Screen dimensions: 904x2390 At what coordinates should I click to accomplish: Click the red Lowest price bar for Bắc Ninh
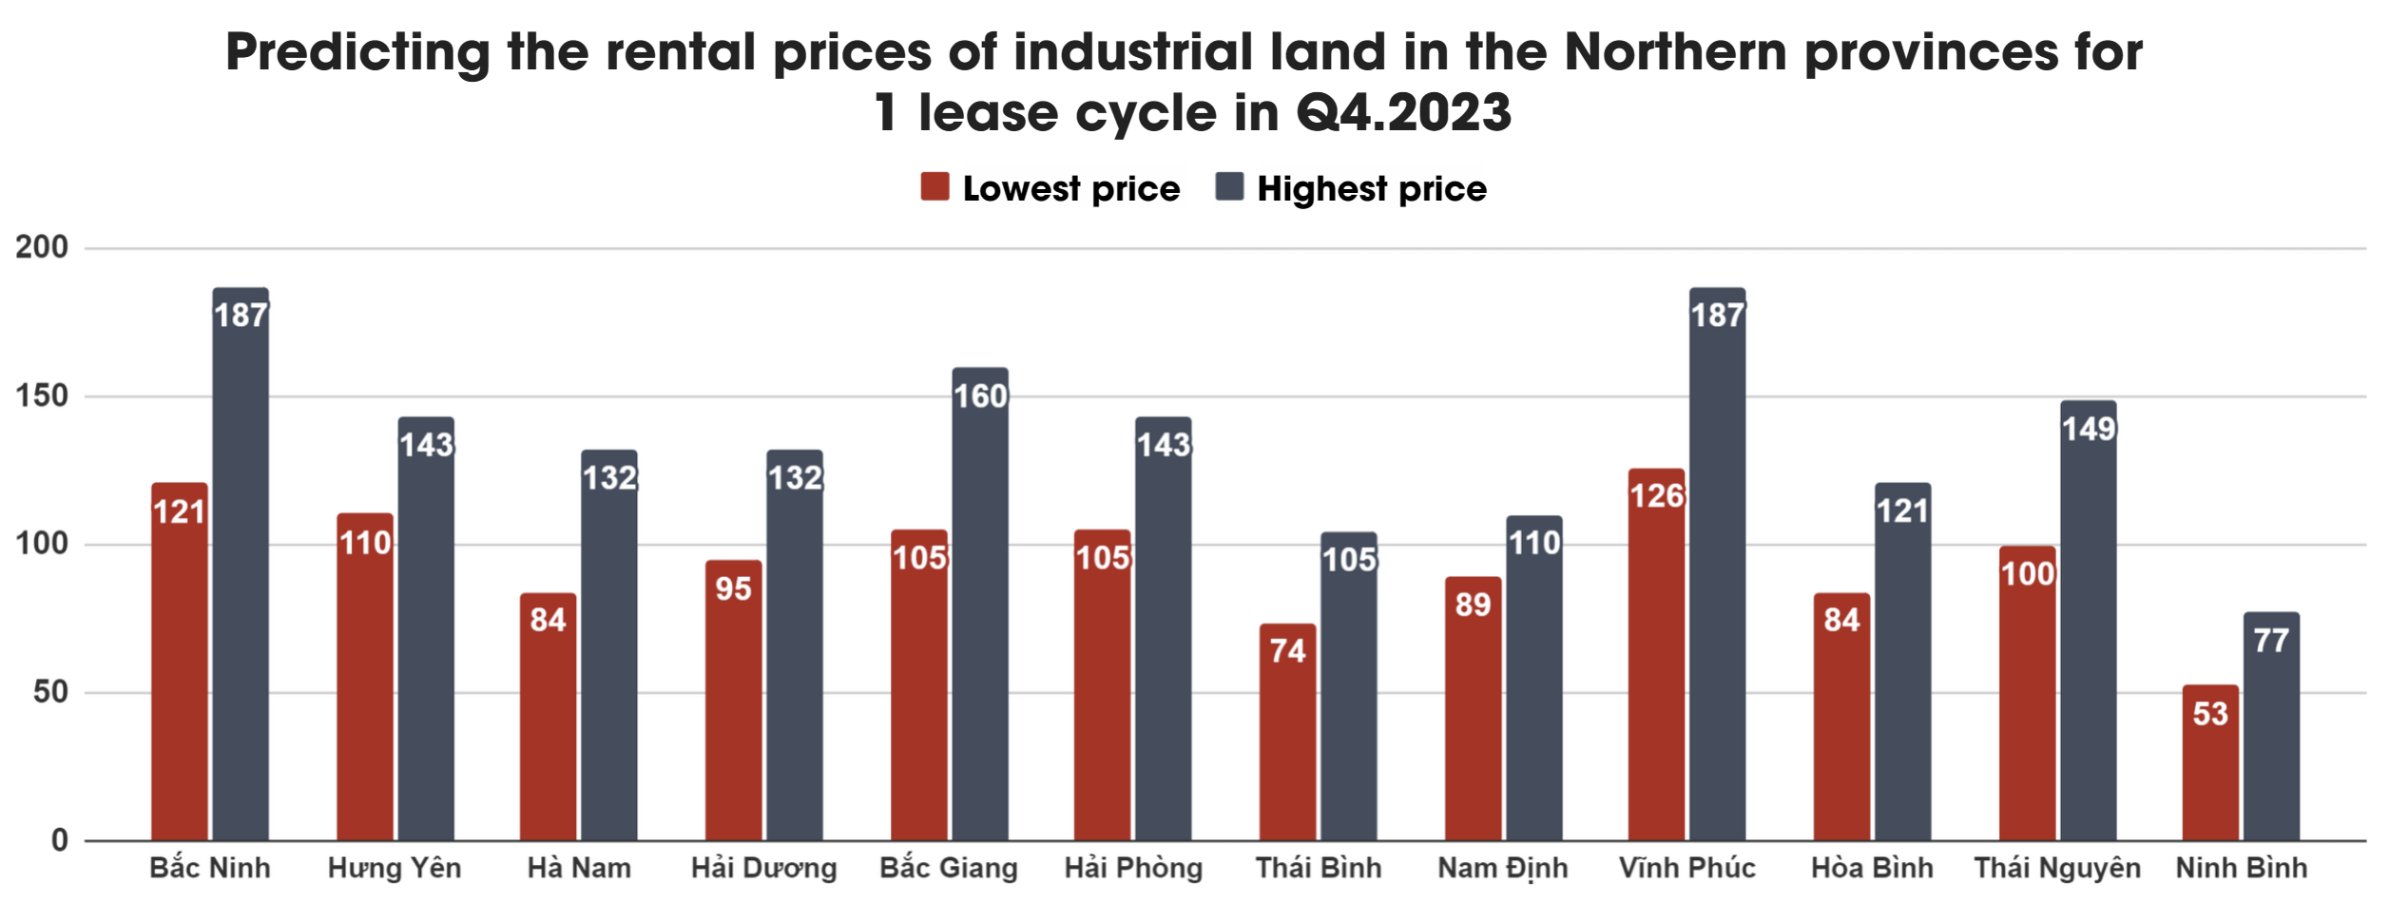coord(179,665)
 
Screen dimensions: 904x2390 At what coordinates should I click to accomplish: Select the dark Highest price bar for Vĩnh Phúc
coord(1717,570)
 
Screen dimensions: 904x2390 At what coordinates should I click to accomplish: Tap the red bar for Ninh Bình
coord(2209,765)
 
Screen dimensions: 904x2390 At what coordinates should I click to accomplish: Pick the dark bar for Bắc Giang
coord(980,608)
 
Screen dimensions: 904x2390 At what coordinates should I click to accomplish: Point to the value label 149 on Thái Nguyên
coord(2088,430)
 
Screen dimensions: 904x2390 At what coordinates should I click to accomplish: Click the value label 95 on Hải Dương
coord(733,589)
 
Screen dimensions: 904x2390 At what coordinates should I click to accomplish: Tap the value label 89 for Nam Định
coord(1473,605)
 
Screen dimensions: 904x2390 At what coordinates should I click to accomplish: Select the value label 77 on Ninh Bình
coord(2270,641)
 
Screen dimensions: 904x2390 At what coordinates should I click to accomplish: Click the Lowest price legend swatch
coord(935,187)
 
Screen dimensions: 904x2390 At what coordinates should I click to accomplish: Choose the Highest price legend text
coord(1371,189)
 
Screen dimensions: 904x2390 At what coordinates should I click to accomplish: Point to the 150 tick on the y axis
coord(42,395)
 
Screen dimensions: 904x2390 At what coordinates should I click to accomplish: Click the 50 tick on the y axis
coord(50,692)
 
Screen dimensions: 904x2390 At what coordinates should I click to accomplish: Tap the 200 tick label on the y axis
coord(42,247)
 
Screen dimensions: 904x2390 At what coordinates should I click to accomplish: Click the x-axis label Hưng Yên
coord(394,868)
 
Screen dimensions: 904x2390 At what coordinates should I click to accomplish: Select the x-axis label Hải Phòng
coord(1133,868)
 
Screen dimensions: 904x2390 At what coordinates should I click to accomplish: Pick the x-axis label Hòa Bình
coord(1871,868)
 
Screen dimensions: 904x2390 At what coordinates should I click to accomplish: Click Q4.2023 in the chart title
coord(1403,112)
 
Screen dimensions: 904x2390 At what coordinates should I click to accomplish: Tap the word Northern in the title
coord(1675,51)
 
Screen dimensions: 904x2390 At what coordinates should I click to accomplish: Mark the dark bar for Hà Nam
coord(609,646)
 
